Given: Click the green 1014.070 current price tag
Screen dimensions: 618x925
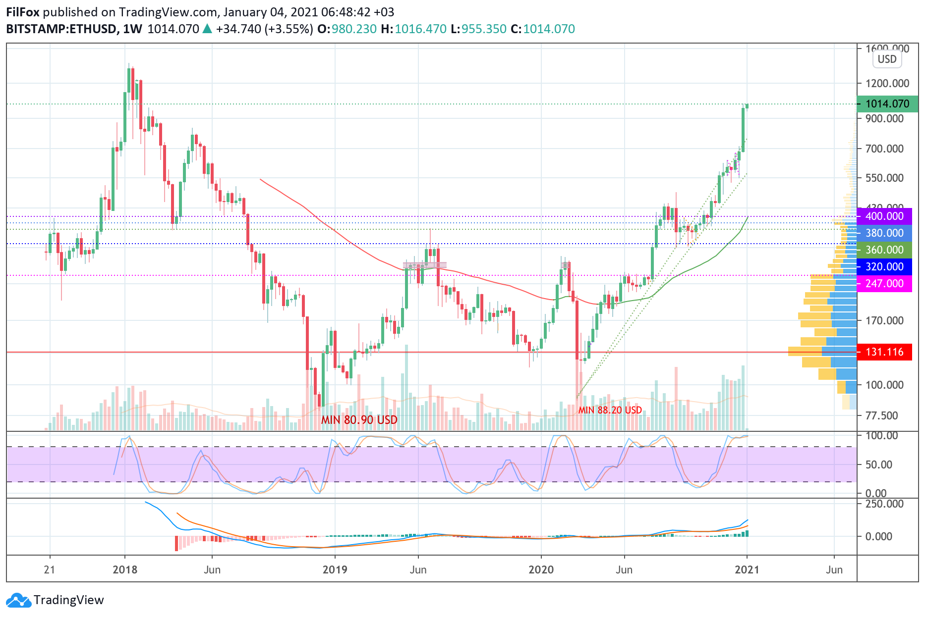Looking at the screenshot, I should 887,104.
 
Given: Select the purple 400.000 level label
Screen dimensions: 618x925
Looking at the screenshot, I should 884,216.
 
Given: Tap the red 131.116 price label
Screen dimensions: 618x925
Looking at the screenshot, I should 884,352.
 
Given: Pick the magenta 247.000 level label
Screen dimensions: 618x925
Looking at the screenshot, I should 884,283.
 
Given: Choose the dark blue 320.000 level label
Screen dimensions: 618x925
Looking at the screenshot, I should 884,266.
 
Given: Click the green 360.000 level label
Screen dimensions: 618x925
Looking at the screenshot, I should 884,250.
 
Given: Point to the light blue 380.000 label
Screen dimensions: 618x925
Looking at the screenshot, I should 884,233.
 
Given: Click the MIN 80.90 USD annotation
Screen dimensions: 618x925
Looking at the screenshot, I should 359,420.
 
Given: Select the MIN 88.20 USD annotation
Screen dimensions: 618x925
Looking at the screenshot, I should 610,410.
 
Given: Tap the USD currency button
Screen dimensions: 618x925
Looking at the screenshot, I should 887,59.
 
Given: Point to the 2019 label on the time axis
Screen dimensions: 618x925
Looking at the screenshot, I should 335,569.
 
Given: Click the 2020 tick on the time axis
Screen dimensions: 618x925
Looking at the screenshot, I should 541,569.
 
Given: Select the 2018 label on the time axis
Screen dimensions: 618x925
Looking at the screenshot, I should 125,569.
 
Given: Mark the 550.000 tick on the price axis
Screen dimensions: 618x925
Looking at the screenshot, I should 884,178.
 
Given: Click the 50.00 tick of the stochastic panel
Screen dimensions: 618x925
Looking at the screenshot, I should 878,464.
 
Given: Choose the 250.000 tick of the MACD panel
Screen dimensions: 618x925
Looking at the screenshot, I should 884,504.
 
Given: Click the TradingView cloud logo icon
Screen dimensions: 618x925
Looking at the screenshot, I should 19,600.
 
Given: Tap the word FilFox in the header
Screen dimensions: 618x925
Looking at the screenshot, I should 23,12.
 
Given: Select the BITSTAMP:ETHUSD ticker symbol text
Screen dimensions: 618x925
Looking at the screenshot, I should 61,29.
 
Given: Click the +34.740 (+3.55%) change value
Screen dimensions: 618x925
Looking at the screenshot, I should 264,29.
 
